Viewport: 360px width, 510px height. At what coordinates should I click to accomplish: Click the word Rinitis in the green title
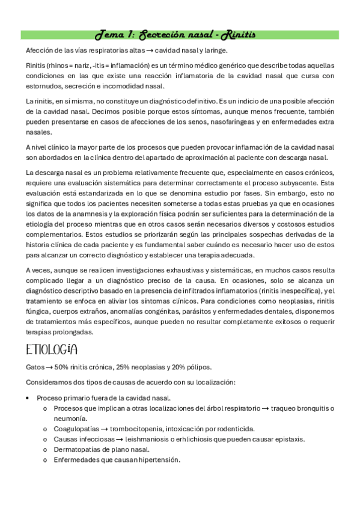(240, 35)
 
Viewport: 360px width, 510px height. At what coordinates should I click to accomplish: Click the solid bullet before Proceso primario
(29, 398)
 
